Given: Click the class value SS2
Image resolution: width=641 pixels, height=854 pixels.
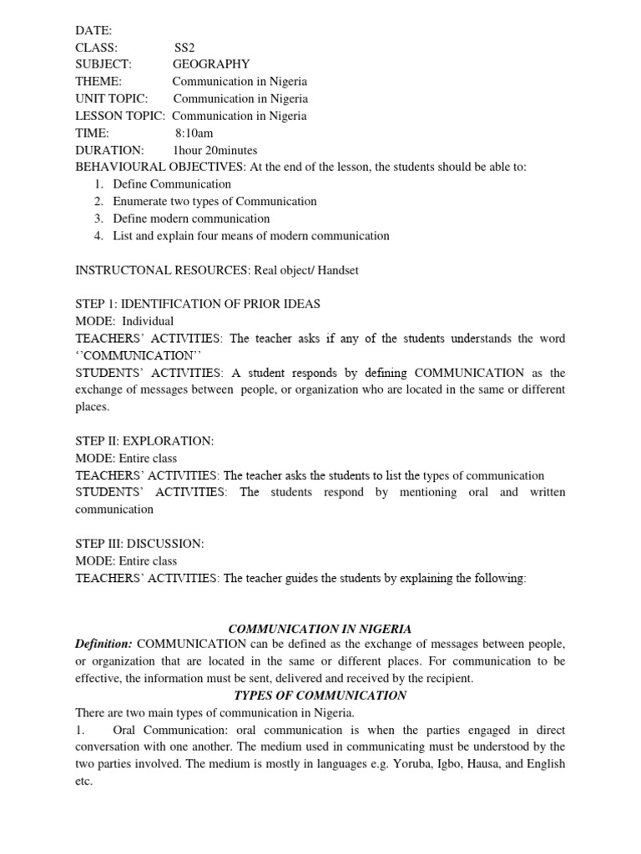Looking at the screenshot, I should tap(183, 47).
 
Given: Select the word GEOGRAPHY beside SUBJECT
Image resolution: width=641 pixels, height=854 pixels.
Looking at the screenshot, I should tap(210, 64).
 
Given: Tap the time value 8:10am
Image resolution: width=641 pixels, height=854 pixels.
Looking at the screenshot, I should tap(194, 133).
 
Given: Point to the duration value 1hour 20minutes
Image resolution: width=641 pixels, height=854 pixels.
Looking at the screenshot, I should tap(215, 151).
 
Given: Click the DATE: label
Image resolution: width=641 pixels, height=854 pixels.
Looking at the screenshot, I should tap(88, 30).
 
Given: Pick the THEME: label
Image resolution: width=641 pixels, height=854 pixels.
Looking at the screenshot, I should tap(98, 82).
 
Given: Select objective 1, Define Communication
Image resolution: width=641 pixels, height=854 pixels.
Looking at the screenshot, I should tap(173, 184).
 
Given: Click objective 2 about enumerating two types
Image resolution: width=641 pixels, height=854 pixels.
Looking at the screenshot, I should tap(215, 202).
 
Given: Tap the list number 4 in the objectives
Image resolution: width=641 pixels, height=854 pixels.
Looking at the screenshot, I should tap(98, 236).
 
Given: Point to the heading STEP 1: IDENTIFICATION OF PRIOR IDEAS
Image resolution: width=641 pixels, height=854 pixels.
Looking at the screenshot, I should tap(198, 304).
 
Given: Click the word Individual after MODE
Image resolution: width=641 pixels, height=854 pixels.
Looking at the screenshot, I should tap(148, 321).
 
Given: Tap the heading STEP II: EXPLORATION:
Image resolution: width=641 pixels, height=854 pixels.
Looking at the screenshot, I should tap(144, 441).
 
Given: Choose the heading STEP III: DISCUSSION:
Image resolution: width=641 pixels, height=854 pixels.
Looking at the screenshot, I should tap(139, 544).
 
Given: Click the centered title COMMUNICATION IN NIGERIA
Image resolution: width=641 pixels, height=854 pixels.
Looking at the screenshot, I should tap(320, 629).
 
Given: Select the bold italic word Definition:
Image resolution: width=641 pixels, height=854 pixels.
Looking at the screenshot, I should tap(103, 645).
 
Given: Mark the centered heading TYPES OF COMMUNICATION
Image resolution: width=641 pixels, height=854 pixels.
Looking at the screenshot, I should tap(320, 696).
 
